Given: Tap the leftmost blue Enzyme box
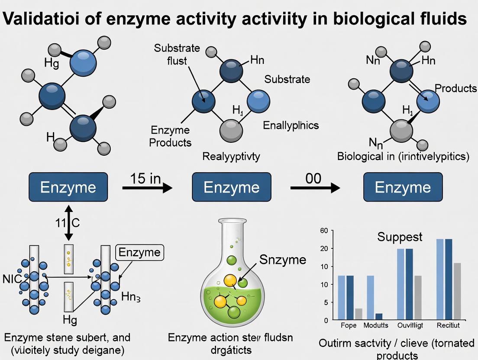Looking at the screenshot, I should point(68,187).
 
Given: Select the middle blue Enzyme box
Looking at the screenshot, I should point(231,187).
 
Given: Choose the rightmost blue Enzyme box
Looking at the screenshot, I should point(403,187).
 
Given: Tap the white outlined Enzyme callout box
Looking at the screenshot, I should point(139,253).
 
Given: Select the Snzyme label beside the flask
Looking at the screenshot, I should point(282,259).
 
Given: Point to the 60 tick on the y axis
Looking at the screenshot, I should point(324,230).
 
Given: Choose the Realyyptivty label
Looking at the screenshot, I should point(231,157).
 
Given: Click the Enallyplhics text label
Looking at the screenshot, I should point(291,125).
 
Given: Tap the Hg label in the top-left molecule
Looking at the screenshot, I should point(52,63).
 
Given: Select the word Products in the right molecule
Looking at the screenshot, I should point(455,88).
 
